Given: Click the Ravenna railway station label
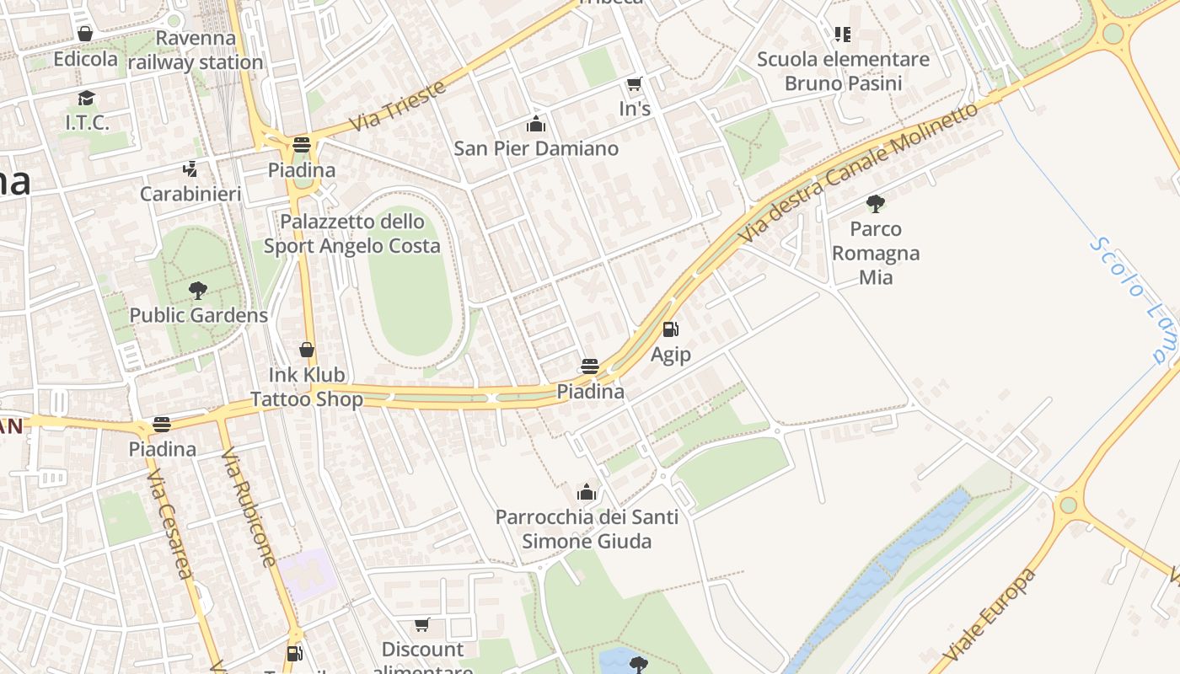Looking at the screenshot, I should tap(196, 51).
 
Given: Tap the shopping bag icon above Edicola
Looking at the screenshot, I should tap(85, 34).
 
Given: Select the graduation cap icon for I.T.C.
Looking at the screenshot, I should tap(86, 99).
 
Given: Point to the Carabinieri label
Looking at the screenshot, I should tap(190, 194).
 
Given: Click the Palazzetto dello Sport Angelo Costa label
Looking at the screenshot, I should tap(352, 233).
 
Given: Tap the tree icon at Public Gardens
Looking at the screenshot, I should tap(198, 291).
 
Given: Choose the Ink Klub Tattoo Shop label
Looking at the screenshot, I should tap(307, 387).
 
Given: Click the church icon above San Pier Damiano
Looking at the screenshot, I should tap(536, 125).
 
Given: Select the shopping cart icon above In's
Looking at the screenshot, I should tap(635, 83).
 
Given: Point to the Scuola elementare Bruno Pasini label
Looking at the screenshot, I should tap(843, 71).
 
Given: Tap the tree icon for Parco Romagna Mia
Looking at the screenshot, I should tap(876, 203).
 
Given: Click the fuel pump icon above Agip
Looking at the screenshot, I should tap(671, 329).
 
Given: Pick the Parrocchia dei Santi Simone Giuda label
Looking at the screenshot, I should tap(587, 528).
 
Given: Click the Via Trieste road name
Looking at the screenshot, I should tap(397, 106).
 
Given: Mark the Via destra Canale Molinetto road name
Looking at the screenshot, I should tap(857, 174).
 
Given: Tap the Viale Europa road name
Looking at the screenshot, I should tap(990, 615).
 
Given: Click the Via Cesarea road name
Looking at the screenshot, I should tap(170, 524).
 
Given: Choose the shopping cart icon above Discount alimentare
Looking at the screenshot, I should tap(422, 625).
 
